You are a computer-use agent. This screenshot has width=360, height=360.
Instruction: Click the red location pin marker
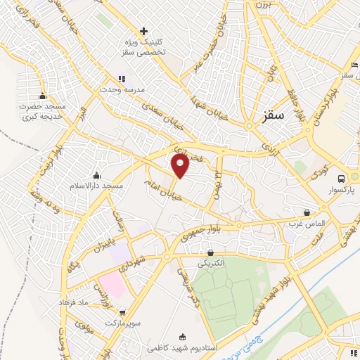[x=181, y=166]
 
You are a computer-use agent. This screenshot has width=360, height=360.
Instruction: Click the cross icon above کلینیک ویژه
[x=144, y=32]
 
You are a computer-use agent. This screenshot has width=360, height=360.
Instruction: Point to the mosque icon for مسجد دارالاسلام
[x=96, y=175]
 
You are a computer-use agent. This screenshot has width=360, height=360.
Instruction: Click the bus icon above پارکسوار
[x=341, y=179]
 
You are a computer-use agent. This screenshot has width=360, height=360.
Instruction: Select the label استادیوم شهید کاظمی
[x=182, y=347]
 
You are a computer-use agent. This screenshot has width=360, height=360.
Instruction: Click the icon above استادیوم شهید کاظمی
[x=184, y=337]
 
